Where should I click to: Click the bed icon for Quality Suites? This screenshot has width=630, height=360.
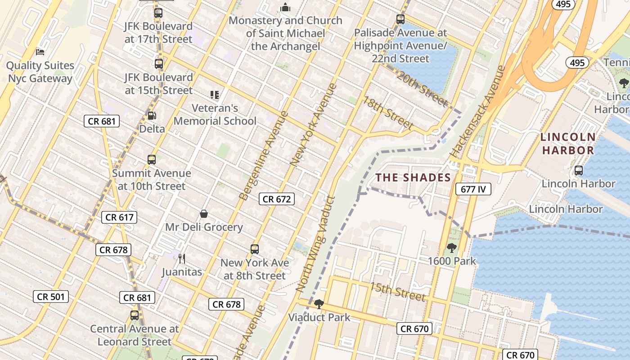pyautogui.click(x=40, y=52)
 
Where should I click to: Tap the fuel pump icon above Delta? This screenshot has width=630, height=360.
pyautogui.click(x=152, y=116)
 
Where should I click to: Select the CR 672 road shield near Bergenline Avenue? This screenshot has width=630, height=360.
pyautogui.click(x=277, y=199)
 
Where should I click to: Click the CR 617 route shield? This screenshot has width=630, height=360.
pyautogui.click(x=119, y=217)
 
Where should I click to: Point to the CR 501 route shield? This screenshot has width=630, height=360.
pyautogui.click(x=51, y=297)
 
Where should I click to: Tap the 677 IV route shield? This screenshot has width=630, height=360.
pyautogui.click(x=473, y=189)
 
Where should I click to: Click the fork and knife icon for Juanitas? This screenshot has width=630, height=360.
pyautogui.click(x=182, y=259)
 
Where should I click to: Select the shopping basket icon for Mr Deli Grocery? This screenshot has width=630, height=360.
pyautogui.click(x=204, y=214)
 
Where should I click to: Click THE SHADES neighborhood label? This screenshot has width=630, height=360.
pyautogui.click(x=413, y=178)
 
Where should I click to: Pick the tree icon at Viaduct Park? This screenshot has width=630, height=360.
pyautogui.click(x=319, y=304)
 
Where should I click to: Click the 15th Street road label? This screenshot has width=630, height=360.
pyautogui.click(x=397, y=291)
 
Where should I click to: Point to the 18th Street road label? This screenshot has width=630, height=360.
pyautogui.click(x=388, y=112)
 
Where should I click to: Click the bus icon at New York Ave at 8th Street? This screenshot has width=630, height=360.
pyautogui.click(x=255, y=249)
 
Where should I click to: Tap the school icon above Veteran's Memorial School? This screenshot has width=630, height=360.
pyautogui.click(x=215, y=95)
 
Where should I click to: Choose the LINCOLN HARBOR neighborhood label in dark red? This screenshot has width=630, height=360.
pyautogui.click(x=568, y=144)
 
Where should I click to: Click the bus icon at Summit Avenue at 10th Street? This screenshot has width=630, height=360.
pyautogui.click(x=152, y=160)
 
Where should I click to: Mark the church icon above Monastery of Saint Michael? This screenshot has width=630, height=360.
pyautogui.click(x=285, y=8)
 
